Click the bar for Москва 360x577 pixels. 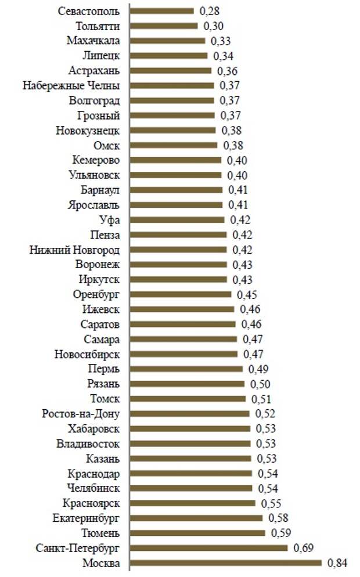(226, 563)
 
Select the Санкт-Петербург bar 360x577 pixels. (208, 548)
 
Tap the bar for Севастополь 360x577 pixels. (162, 11)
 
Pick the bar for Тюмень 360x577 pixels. (197, 533)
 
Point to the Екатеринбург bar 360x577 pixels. (196, 518)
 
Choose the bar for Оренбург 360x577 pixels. (181, 294)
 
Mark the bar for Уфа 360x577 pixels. (177, 219)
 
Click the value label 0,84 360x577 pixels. (337, 562)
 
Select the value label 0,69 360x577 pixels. (303, 547)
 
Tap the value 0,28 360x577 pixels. (210, 11)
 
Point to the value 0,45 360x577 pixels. (247, 294)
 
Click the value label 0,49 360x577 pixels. (258, 369)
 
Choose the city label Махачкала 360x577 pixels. (93, 41)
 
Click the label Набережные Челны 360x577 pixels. (71, 85)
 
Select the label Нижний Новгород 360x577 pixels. (75, 250)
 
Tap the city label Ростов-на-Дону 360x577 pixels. (81, 414)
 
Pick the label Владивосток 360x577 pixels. (88, 444)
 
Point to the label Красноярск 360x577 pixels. (91, 503)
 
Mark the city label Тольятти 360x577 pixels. (98, 26)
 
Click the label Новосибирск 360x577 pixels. (87, 354)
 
